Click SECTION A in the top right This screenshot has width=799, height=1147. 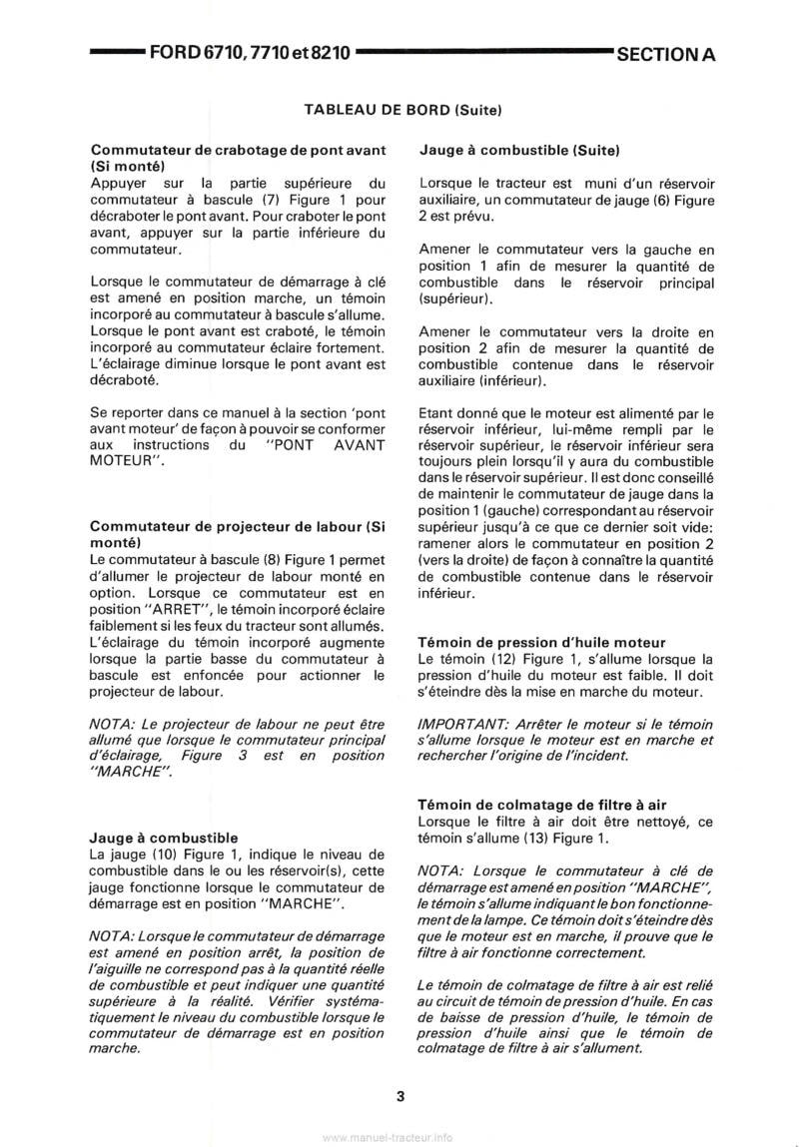pos(666,55)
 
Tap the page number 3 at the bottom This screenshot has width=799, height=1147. pos(399,1096)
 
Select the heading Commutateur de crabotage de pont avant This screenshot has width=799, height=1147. pos(237,150)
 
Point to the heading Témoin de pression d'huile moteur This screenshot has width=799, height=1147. pos(541,643)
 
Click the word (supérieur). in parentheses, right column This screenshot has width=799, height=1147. pos(454,298)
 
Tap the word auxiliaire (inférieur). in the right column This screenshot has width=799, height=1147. pos(482,381)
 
